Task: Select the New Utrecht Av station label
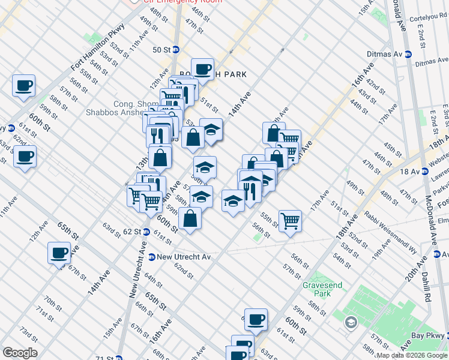click(184, 257)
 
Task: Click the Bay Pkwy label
click(429, 337)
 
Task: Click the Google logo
click(20, 353)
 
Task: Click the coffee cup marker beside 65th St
click(59, 253)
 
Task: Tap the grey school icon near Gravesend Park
click(350, 323)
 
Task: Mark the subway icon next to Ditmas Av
click(408, 53)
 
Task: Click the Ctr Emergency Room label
click(182, 2)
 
